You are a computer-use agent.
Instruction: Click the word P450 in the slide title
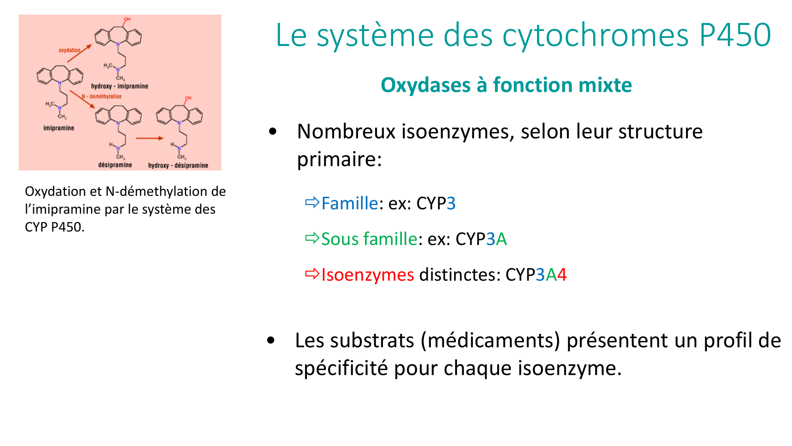point(735,35)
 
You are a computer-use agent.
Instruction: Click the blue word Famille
point(350,203)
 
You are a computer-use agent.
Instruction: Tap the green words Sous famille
point(369,239)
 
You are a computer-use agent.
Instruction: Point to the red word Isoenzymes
point(367,275)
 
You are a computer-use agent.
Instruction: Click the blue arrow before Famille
point(312,203)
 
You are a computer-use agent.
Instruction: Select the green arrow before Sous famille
point(312,238)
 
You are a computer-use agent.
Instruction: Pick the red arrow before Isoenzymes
point(312,274)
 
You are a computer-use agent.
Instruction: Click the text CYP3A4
point(536,275)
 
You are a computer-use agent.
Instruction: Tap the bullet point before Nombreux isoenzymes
point(272,132)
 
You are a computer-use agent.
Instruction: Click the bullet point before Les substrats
point(271,340)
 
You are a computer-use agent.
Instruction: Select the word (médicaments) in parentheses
point(490,341)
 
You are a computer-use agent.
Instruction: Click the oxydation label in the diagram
point(69,50)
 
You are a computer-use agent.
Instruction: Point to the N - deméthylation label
point(102,96)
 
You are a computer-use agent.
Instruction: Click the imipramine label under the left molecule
point(59,128)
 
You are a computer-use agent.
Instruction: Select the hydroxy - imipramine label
point(120,86)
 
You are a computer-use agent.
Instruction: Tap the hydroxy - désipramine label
point(178,165)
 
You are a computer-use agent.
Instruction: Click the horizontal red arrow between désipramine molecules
point(150,138)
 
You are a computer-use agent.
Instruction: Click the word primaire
point(339,159)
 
